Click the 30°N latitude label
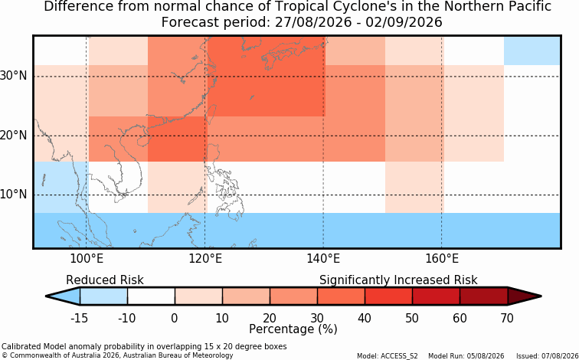coord(13,76)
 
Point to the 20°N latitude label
coord(13,135)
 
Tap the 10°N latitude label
coord(13,194)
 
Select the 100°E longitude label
coord(87,259)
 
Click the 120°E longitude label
coord(205,259)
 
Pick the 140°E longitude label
coord(323,259)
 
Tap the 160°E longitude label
coord(442,259)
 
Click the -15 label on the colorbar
coord(79,318)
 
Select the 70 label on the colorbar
coord(507,318)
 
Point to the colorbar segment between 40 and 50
coord(388,296)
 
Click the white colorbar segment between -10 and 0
coord(151,296)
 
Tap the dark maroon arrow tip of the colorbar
coord(525,296)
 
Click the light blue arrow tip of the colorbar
coord(64,296)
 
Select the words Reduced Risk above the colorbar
coord(104,280)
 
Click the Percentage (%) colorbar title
coord(293,329)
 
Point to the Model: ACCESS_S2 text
coord(387,356)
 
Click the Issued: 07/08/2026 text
coord(548,356)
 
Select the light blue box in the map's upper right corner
coord(532,51)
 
